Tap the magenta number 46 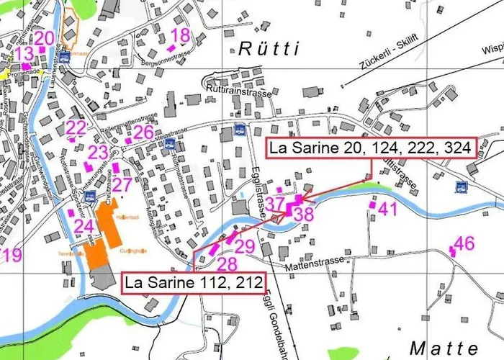[x=465, y=243]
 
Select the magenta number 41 [x=388, y=209]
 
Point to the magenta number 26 [x=143, y=132]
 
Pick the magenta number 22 [x=76, y=128]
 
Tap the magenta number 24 [x=84, y=226]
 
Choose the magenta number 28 [x=228, y=264]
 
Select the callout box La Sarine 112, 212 [x=193, y=282]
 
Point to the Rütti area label [x=267, y=49]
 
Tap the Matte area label [x=444, y=346]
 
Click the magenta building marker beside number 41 [x=372, y=205]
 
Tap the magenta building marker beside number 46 [x=452, y=250]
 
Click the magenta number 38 [x=305, y=213]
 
